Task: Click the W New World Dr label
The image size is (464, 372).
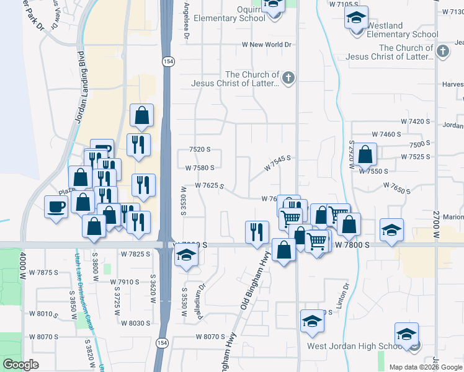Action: [266, 45]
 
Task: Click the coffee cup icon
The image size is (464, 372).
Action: [56, 206]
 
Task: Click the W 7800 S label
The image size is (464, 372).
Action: [352, 246]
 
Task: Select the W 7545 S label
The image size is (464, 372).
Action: [277, 164]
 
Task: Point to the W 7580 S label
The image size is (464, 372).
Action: [200, 167]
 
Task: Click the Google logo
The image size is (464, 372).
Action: [21, 364]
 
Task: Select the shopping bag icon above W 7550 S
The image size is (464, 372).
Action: [366, 154]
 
